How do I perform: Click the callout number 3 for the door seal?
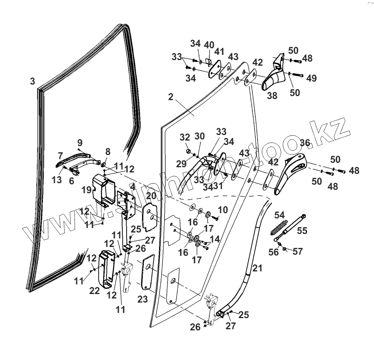[33, 81]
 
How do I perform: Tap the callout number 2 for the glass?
[171, 97]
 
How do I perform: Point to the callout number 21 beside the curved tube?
[257, 268]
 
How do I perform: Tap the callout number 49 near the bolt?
[311, 78]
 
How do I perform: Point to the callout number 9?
[80, 142]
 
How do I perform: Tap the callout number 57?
[298, 252]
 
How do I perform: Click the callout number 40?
[209, 45]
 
